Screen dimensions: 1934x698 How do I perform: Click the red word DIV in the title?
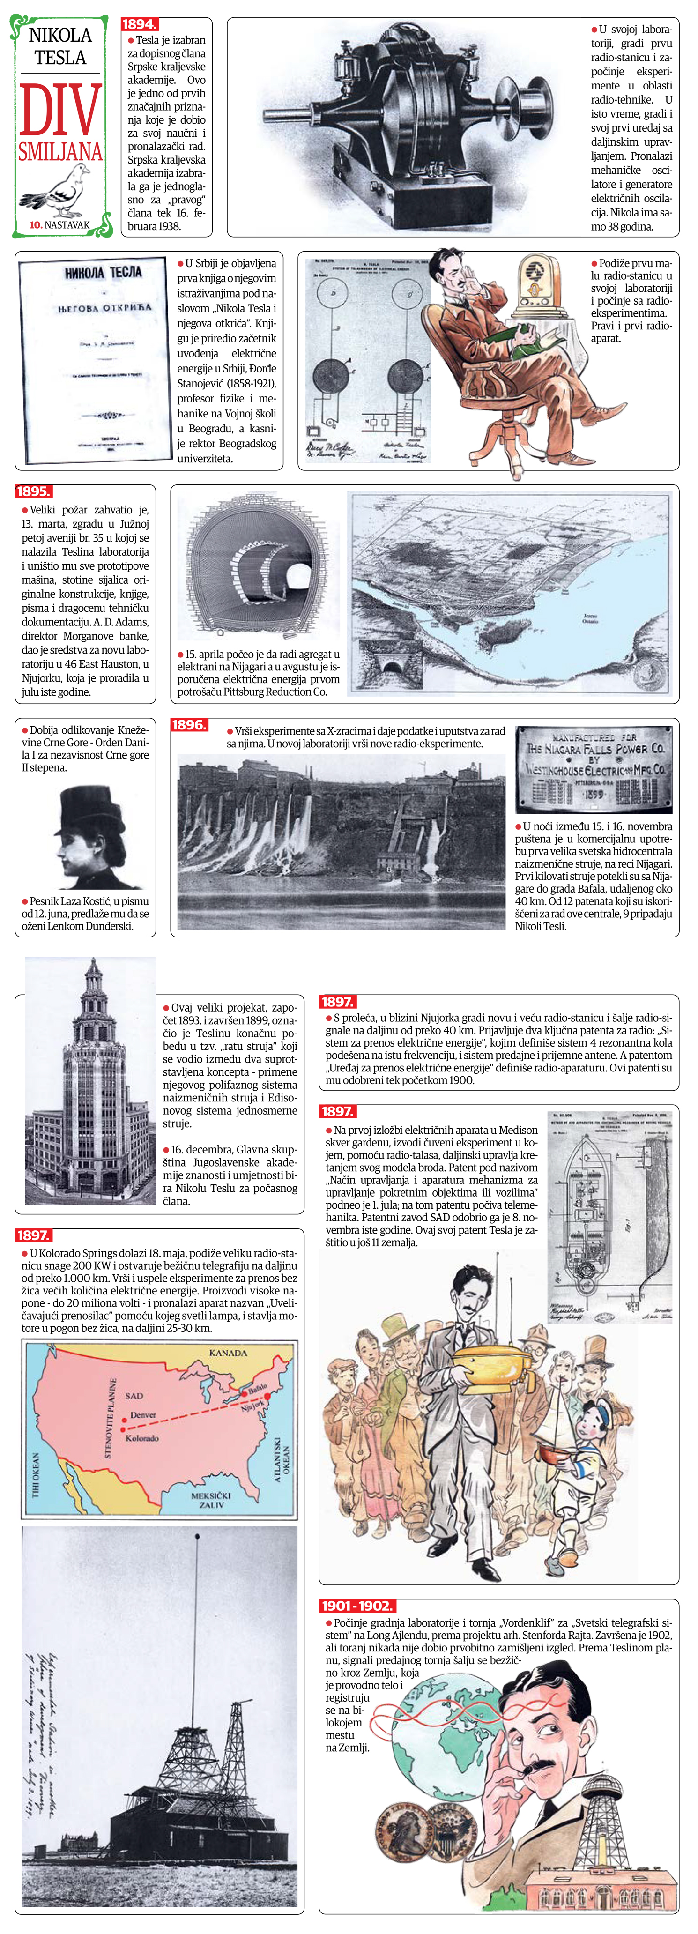[60, 109]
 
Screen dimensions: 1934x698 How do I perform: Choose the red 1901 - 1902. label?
[357, 1606]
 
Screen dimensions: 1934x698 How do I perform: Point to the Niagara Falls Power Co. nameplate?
[594, 770]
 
